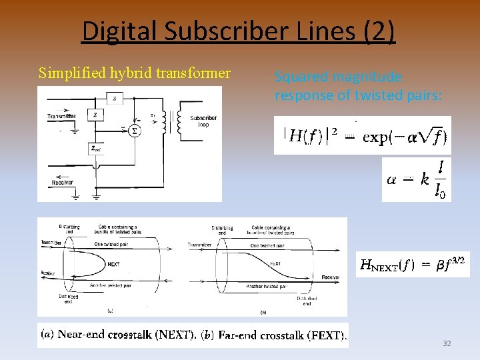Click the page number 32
pyautogui.click(x=447, y=343)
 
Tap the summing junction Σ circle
pyautogui.click(x=135, y=130)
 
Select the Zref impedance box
pyautogui.click(x=96, y=149)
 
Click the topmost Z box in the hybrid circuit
pyautogui.click(x=115, y=99)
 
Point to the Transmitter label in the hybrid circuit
pyautogui.click(x=61, y=117)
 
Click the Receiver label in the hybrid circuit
pyautogui.click(x=63, y=182)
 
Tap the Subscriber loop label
pyautogui.click(x=203, y=122)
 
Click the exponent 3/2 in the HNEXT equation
pyautogui.click(x=459, y=259)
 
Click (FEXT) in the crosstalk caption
pyautogui.click(x=327, y=335)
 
